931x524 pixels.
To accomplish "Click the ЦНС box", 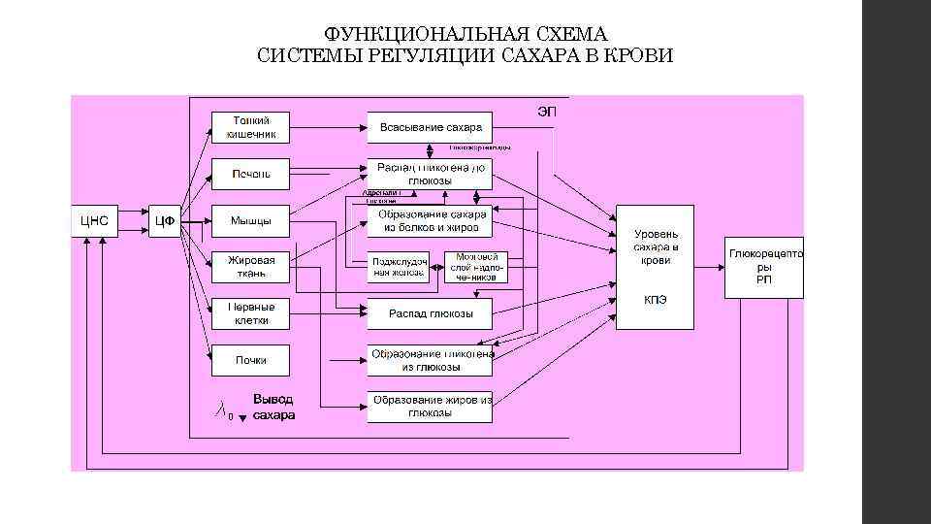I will coord(94,220).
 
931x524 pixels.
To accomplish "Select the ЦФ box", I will coord(165,220).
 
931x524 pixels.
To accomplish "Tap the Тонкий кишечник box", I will coord(250,126).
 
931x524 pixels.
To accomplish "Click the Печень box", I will coord(250,174).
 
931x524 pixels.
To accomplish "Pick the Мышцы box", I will coord(250,220).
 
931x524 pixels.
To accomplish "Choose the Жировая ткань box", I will coord(250,267).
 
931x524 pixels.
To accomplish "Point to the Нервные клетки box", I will coord(250,312).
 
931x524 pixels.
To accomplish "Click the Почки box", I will coord(250,360).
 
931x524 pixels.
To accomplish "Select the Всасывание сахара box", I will coord(430,127).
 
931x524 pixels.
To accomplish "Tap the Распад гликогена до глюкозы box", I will coord(430,174).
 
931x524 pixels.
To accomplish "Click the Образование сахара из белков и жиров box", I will coord(430,221).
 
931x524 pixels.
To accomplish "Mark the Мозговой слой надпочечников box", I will coord(475,268).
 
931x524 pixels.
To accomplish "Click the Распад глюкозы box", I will coord(430,313).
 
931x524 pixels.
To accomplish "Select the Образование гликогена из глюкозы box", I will coord(430,360).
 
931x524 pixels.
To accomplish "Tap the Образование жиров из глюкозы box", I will coord(430,407).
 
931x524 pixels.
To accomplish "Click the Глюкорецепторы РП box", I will coord(764,267).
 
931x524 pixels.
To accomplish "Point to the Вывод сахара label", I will coord(273,407).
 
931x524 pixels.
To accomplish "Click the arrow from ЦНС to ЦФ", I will coord(133,220).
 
